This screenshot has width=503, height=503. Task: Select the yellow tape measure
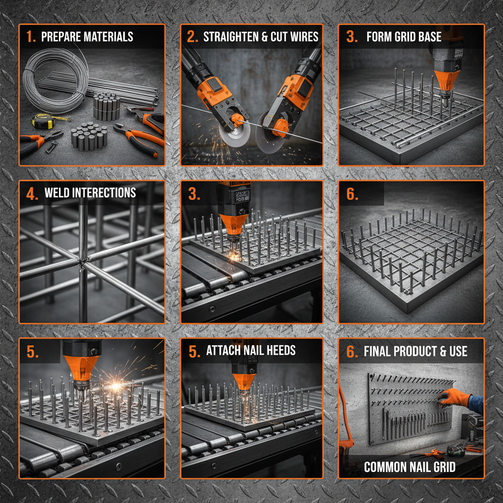43,120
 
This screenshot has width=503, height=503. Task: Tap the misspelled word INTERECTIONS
104,193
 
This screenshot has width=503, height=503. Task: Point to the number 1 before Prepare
30,37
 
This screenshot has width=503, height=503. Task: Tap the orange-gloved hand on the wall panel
447,397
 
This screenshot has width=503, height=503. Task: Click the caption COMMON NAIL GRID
410,467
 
